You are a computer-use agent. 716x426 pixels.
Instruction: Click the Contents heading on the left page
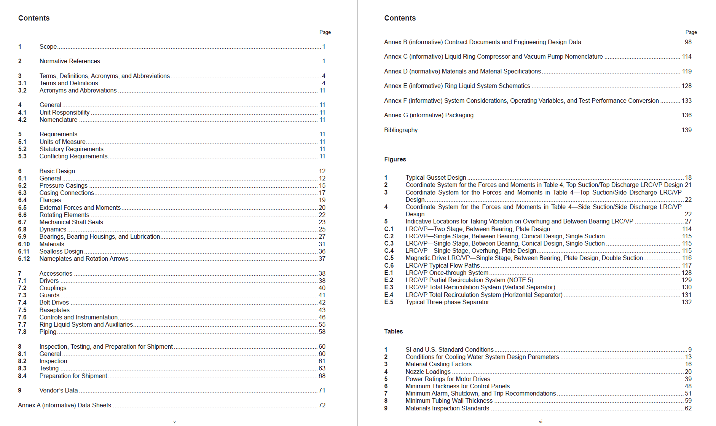click(34, 18)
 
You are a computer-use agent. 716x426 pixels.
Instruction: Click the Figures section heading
click(395, 159)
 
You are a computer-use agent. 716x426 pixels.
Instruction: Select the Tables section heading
click(393, 331)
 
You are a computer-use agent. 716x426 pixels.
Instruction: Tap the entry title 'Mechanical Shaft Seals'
click(71, 222)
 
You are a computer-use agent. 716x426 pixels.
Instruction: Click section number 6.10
click(24, 244)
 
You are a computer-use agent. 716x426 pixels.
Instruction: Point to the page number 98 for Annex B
click(688, 42)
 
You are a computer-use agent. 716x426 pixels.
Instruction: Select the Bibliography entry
click(400, 130)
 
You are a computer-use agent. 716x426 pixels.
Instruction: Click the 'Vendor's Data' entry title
click(58, 390)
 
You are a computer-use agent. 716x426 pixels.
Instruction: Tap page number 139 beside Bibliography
click(686, 130)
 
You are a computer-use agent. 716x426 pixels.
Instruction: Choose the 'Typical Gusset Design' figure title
click(435, 177)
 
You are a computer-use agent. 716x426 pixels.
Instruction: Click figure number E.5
click(389, 302)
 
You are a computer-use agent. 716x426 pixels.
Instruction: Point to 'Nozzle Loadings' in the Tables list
click(428, 372)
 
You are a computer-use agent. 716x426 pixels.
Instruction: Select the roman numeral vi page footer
click(541, 421)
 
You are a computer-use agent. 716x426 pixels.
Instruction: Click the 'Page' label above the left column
click(325, 32)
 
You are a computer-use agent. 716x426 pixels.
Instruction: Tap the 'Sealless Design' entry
click(61, 251)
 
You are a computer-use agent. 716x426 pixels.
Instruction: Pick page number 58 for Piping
click(322, 332)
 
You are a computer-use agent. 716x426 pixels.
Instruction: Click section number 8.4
click(22, 376)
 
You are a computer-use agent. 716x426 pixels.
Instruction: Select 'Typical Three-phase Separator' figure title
click(447, 302)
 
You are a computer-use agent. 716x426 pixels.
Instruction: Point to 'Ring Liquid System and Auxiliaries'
click(86, 324)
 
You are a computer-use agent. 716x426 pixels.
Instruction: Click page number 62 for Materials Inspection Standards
click(688, 408)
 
